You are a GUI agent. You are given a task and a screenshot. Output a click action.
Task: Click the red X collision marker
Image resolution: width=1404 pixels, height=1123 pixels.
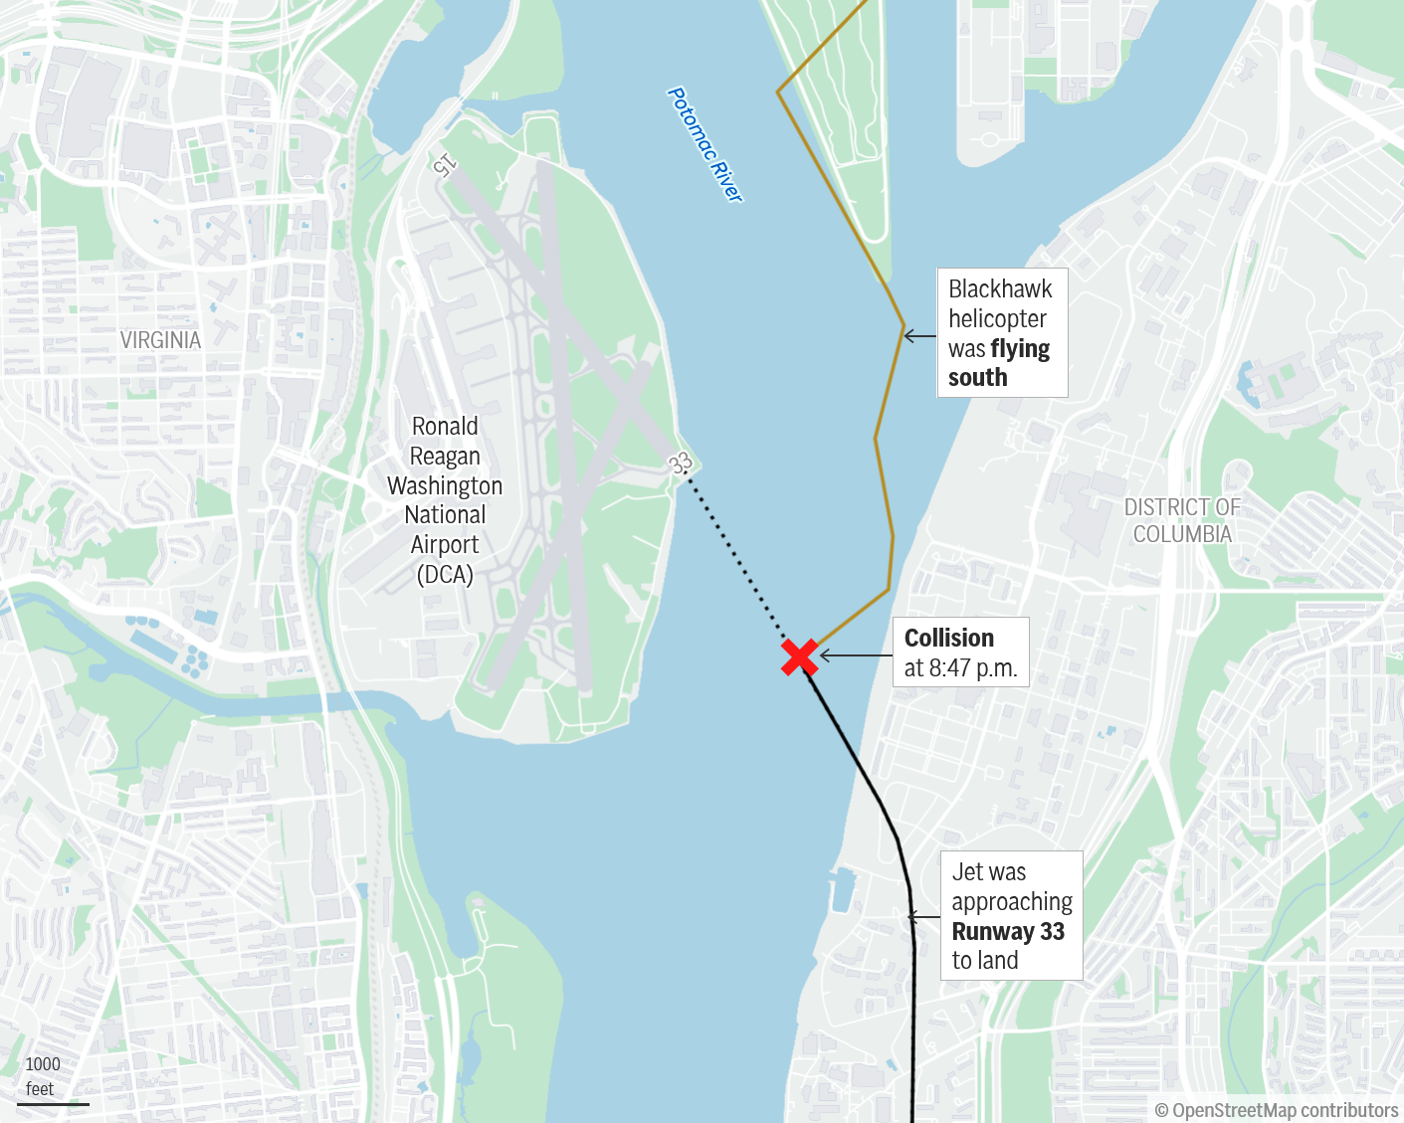click(799, 657)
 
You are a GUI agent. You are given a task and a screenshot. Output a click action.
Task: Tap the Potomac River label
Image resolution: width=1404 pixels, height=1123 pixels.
click(704, 145)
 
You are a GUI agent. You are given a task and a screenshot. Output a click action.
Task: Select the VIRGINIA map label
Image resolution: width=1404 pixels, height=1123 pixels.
click(160, 340)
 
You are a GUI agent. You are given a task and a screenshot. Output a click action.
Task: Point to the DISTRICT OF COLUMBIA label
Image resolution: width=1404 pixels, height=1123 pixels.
click(1182, 520)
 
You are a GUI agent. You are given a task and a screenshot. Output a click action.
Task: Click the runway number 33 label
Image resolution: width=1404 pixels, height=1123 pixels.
click(681, 464)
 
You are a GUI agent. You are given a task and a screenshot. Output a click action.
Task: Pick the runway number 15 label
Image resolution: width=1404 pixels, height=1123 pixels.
click(445, 165)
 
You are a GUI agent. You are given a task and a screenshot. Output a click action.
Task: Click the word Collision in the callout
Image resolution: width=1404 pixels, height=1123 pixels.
click(948, 638)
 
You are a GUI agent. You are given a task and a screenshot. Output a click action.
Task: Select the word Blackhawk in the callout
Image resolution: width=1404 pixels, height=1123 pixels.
click(999, 289)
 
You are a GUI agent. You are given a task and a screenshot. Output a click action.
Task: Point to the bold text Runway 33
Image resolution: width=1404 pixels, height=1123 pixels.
click(1007, 932)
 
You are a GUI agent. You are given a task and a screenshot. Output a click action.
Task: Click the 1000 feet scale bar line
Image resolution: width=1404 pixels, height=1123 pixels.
click(53, 1103)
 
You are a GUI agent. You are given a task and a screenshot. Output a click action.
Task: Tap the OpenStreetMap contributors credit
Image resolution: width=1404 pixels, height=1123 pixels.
click(1277, 1110)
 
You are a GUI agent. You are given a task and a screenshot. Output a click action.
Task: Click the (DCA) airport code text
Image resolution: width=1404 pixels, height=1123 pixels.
click(445, 574)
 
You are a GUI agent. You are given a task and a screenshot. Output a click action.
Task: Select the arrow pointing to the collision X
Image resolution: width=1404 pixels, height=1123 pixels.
click(855, 655)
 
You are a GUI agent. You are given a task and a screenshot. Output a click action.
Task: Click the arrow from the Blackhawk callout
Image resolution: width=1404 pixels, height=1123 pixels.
click(919, 336)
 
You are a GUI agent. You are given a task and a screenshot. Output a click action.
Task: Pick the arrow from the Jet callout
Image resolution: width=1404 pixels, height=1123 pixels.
click(924, 917)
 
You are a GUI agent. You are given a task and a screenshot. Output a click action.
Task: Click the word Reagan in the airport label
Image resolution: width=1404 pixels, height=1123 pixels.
click(445, 457)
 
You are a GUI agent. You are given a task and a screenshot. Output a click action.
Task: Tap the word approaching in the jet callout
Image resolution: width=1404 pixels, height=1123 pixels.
click(1012, 902)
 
